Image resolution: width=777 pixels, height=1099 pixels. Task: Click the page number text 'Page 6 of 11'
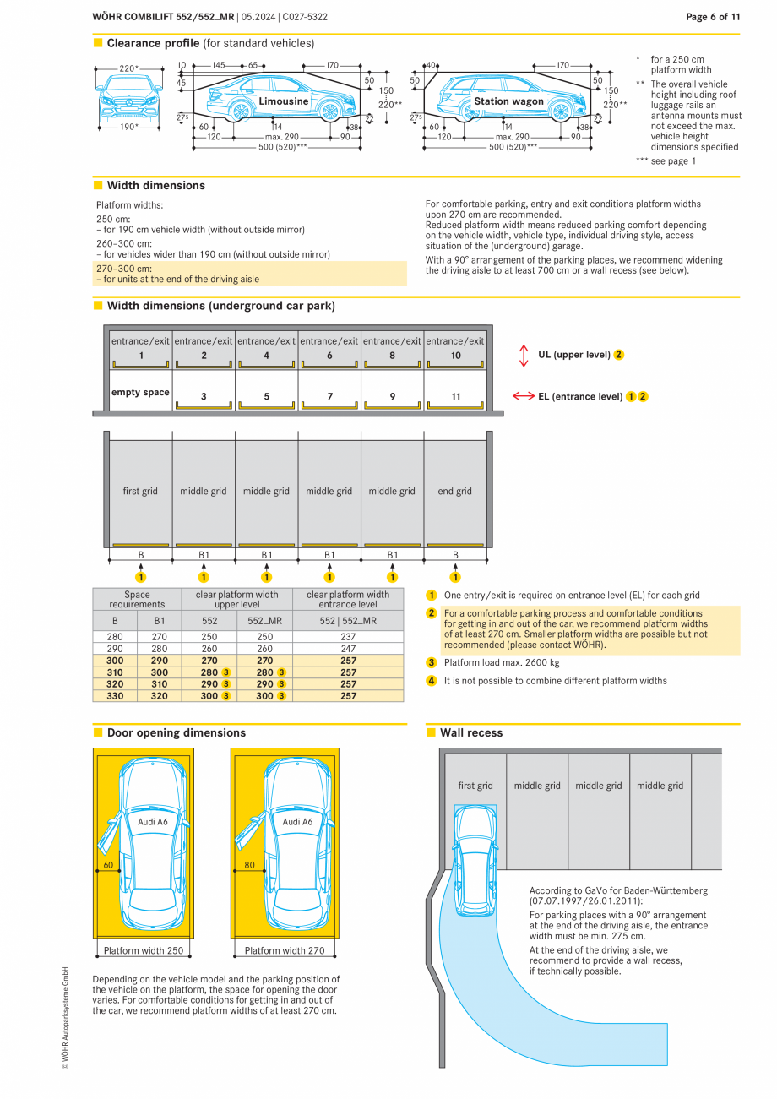713,17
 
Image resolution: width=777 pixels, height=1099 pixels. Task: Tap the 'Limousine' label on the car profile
283,101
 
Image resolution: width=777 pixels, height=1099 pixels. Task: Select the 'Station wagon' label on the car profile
508,101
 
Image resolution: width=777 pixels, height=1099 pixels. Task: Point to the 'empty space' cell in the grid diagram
140,393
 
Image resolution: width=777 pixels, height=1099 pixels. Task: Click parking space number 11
455,396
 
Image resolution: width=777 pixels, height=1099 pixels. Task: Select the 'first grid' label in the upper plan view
140,491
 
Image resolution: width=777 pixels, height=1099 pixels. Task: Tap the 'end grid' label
455,491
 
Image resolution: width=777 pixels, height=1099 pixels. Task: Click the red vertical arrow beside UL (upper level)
524,355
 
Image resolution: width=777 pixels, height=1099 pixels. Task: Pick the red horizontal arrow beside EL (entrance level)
524,396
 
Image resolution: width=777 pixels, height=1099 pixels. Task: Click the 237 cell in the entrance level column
348,637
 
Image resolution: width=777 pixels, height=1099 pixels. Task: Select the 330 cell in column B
115,696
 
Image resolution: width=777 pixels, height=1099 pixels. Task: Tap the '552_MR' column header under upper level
264,621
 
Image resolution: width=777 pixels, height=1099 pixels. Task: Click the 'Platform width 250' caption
144,950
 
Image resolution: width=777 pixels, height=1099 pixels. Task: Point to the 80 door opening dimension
249,865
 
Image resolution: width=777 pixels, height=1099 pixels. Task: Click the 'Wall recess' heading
470,733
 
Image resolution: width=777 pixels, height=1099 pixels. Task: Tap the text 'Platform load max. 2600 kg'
502,663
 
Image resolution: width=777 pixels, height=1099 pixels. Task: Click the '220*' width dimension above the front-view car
128,68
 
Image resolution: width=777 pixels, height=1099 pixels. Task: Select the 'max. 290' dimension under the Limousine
281,137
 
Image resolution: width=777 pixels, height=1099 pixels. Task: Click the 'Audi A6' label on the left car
153,821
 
